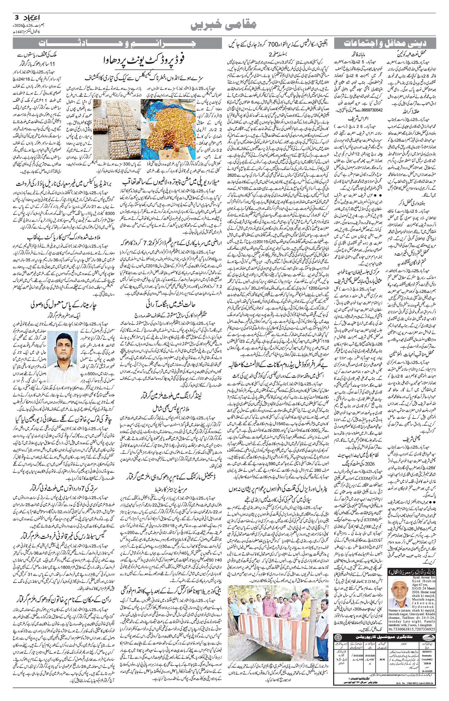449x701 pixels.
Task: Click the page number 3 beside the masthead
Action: tap(16, 17)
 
